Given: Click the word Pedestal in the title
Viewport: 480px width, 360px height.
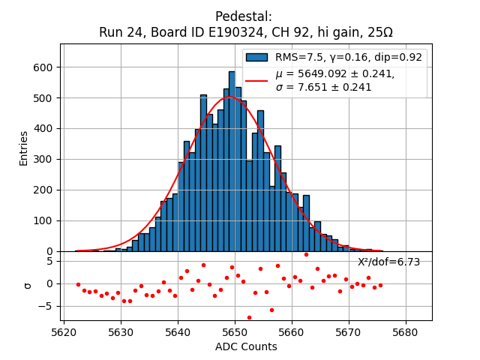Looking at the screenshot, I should (243, 16).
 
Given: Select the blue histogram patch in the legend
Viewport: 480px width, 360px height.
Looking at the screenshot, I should (257, 57).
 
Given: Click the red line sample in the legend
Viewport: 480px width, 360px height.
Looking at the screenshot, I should (257, 80).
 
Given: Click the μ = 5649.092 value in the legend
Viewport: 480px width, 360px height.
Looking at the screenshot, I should (334, 73).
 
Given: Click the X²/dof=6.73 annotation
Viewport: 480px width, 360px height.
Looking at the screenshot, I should (388, 262).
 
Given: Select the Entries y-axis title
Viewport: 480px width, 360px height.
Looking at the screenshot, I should (24, 148).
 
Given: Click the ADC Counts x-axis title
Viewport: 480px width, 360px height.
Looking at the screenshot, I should (246, 346).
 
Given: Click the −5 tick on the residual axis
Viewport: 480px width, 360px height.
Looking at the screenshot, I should (46, 306).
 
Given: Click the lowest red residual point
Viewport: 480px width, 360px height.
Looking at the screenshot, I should (249, 317).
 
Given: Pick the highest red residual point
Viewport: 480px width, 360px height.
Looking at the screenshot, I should (306, 254).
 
